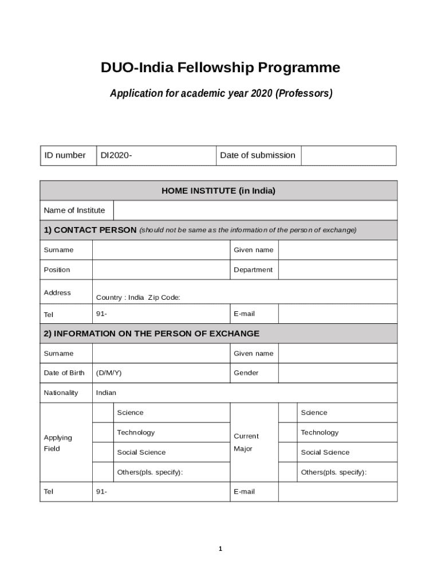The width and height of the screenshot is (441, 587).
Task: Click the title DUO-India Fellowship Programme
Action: tap(220, 68)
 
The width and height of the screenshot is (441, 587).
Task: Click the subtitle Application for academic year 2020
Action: tap(221, 93)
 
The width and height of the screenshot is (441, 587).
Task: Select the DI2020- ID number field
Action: tap(156, 155)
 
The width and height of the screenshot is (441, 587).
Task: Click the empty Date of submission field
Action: tap(348, 155)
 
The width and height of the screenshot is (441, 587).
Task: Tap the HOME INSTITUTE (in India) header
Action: tap(218, 190)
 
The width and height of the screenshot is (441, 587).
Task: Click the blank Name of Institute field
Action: tap(255, 210)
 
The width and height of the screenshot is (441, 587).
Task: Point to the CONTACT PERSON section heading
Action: tap(90, 230)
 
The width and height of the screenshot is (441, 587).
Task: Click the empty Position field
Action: tap(160, 270)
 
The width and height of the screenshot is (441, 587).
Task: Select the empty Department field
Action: tap(337, 270)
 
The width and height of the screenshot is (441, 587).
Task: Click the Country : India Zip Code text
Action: tap(138, 298)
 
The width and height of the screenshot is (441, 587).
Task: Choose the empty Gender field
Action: tap(337, 373)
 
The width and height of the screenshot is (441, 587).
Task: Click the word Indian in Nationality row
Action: tap(106, 393)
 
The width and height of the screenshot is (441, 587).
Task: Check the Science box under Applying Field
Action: tap(103, 413)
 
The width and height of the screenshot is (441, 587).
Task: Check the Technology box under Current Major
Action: tap(288, 433)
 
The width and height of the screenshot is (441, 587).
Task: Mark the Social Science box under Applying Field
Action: tap(103, 452)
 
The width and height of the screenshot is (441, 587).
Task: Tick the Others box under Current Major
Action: tap(288, 472)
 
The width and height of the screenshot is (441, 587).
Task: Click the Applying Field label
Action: tap(58, 443)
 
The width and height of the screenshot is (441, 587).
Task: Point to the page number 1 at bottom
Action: tap(220, 549)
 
